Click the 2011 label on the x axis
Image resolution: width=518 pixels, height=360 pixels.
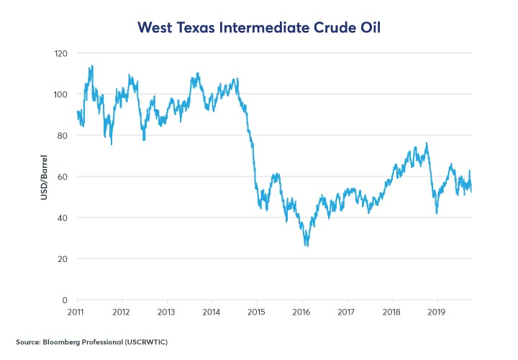pos(76,312)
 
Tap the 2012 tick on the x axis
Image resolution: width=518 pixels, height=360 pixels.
pos(122,312)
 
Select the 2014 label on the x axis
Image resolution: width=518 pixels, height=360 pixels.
pos(212,312)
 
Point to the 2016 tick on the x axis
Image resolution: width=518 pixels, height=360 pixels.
pos(301,312)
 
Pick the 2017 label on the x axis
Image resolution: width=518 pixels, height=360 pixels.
pos(347,312)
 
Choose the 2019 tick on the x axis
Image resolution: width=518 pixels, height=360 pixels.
pos(437,312)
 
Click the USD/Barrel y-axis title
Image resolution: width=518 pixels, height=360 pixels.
pos(43,177)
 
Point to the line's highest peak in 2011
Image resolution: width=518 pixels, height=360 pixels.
pos(91,66)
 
